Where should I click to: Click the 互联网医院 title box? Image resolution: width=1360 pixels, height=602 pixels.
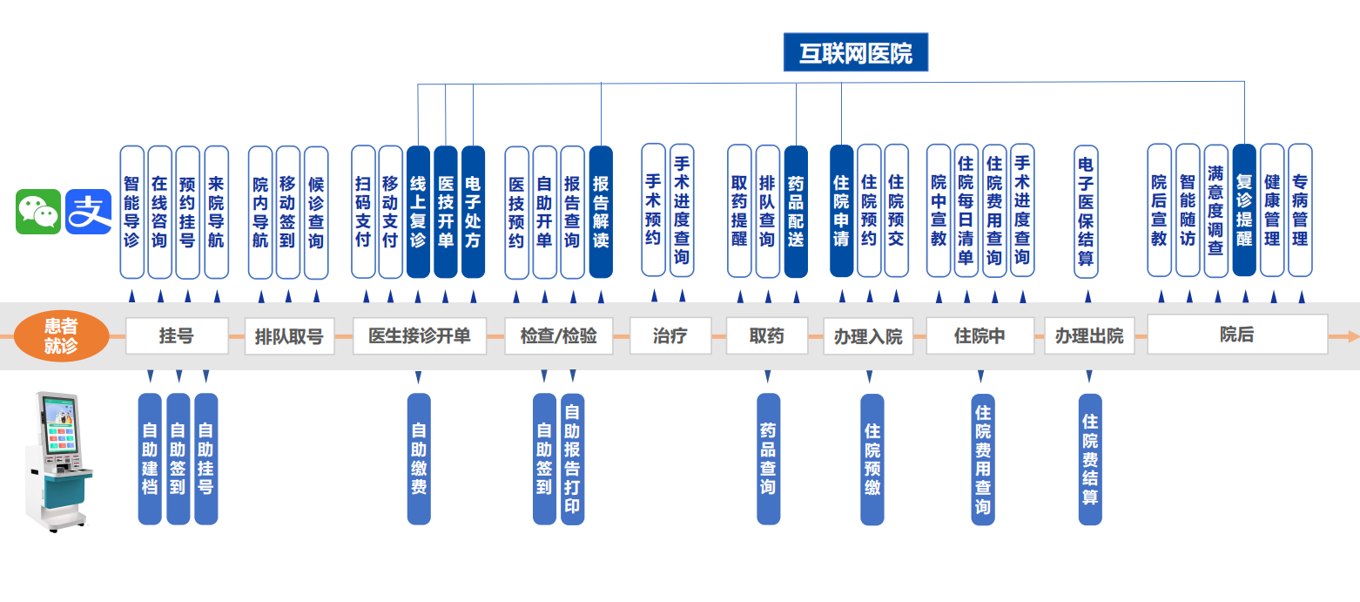(x=856, y=53)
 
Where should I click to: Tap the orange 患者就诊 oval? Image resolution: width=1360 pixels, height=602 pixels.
(x=61, y=336)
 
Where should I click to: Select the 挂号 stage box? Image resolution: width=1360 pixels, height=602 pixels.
(x=177, y=336)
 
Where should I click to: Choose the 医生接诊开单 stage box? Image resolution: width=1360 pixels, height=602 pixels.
(x=420, y=336)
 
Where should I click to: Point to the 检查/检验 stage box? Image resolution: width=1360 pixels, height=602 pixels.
(x=558, y=336)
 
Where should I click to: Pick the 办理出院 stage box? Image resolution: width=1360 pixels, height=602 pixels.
(x=1088, y=336)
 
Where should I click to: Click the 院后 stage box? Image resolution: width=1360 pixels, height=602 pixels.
(x=1236, y=335)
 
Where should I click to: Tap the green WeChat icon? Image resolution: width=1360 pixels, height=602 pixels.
(x=38, y=212)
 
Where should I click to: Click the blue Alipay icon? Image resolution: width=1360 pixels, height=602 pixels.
(x=89, y=212)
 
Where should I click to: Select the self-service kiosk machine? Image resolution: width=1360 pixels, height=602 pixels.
(x=59, y=462)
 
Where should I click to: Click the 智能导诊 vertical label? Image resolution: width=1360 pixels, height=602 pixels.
(x=131, y=212)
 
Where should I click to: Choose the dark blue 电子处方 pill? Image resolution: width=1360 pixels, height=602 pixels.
(x=473, y=212)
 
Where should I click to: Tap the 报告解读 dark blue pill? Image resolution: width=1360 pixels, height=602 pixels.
(x=601, y=212)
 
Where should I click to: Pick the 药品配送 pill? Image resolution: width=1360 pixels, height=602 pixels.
(x=796, y=212)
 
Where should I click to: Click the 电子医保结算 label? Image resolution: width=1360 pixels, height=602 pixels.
(x=1086, y=212)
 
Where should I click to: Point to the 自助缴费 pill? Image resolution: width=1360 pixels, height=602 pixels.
(x=419, y=458)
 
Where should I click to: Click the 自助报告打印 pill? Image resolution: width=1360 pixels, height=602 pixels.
(x=572, y=458)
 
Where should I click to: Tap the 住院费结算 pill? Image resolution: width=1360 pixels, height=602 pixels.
(x=1090, y=458)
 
